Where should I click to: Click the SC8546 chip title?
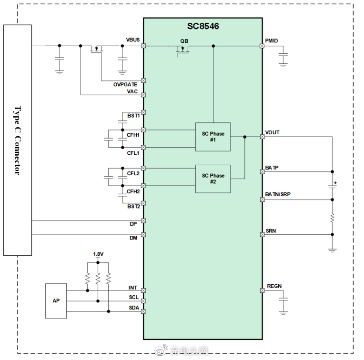(203, 26)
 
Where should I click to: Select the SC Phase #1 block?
(213, 137)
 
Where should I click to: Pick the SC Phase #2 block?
(213, 179)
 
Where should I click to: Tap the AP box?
(56, 301)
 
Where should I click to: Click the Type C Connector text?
(18, 140)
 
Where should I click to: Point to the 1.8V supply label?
(98, 254)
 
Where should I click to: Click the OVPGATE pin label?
(125, 84)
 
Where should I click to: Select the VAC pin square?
(143, 95)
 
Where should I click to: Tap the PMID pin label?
(272, 41)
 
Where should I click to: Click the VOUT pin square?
(263, 137)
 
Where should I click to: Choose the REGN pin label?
(274, 286)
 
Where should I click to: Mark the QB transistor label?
(184, 41)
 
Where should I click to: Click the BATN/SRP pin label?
(278, 194)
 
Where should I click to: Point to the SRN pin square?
(263, 234)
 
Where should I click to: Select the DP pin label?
(133, 224)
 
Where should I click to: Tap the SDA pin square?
(143, 311)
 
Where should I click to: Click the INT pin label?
(133, 288)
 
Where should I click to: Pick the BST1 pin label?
(133, 116)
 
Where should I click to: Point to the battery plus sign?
(335, 183)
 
